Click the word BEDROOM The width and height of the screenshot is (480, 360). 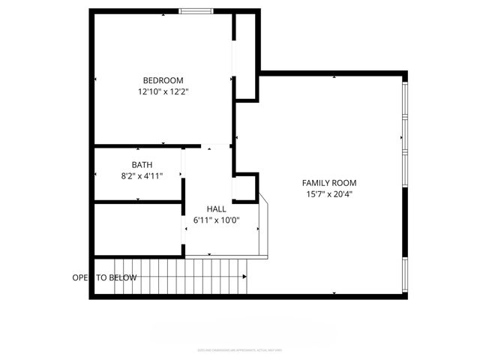pos(163,80)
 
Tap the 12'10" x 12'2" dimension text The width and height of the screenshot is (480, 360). pos(163,92)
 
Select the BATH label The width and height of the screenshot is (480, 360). pos(142,164)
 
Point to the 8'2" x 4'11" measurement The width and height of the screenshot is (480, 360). pos(142,176)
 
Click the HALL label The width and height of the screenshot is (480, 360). pos(216,208)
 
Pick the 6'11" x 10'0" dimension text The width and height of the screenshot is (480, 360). pos(216,220)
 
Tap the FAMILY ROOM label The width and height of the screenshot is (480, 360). pos(328,183)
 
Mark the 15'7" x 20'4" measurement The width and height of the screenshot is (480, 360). pos(328,195)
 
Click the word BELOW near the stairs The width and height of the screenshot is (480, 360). pos(123,277)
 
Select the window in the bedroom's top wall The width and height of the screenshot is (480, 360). pos(195,10)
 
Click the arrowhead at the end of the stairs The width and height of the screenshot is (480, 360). pos(244,277)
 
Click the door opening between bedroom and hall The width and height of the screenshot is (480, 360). pos(217,145)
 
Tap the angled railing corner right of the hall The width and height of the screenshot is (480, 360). pos(262,202)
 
